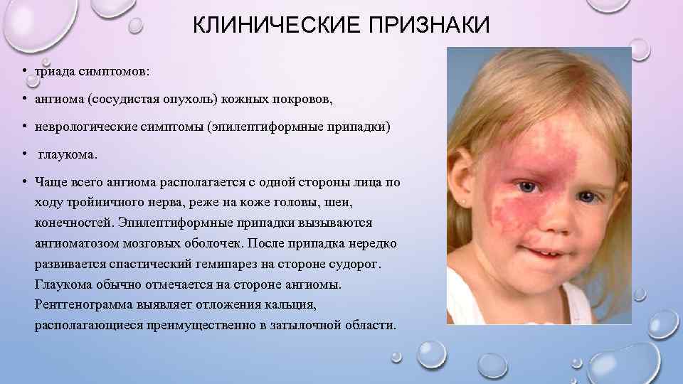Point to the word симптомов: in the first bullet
coord(115,73)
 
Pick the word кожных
coord(273,100)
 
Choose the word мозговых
coord(165,243)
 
